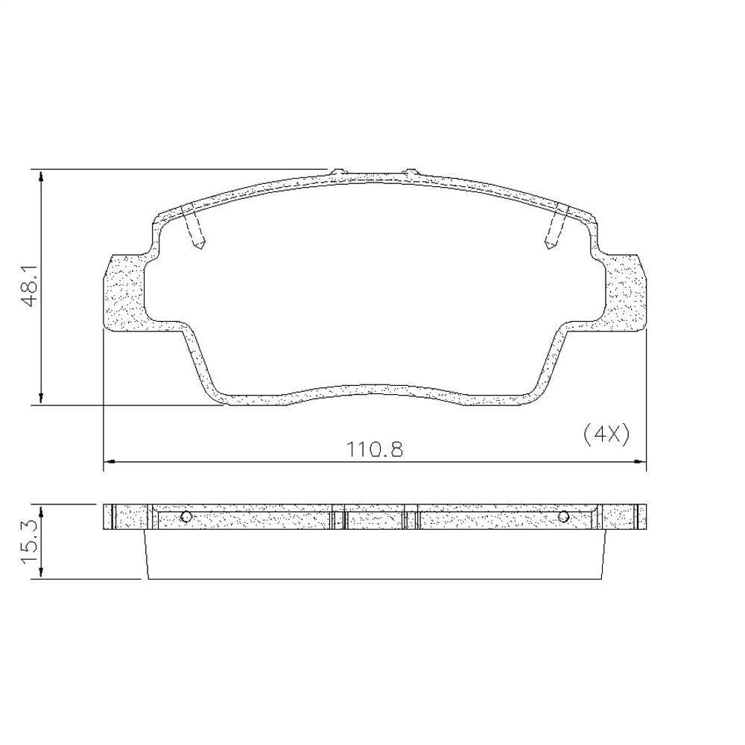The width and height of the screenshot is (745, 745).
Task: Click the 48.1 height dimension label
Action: (31, 287)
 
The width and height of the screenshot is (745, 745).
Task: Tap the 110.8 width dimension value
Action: (375, 449)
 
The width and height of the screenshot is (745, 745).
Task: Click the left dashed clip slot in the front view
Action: (194, 225)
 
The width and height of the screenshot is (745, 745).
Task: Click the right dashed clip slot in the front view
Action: (557, 225)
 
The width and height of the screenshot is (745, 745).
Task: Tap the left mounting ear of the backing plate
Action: (124, 291)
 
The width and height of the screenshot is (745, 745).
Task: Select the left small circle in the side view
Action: (186, 517)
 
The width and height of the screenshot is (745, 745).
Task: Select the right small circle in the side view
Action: (563, 516)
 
